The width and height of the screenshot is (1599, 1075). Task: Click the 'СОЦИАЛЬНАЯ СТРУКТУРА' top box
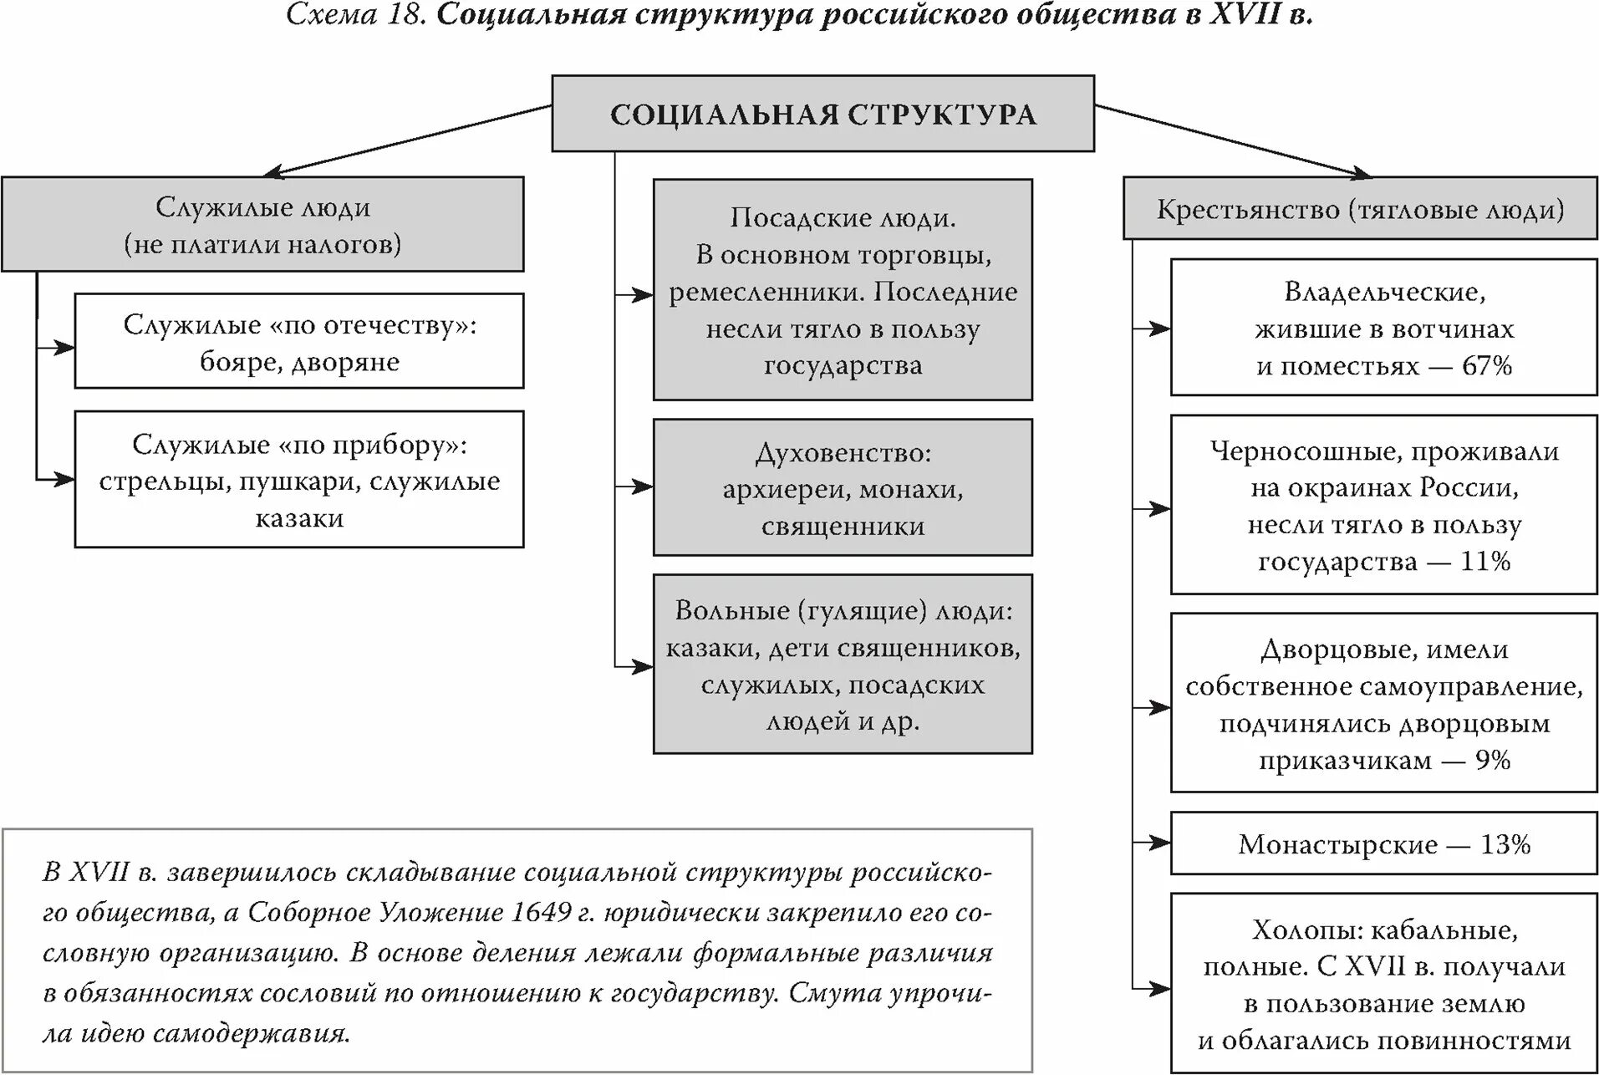[822, 114]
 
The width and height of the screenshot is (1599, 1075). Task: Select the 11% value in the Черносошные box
[1485, 561]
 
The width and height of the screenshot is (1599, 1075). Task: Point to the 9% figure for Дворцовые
[1493, 760]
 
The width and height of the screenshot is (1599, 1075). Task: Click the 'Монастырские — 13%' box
[1383, 844]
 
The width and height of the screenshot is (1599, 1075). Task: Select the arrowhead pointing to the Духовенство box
[644, 486]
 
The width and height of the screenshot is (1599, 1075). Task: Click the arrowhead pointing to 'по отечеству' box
[65, 347]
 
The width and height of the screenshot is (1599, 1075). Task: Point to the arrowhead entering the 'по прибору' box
[65, 479]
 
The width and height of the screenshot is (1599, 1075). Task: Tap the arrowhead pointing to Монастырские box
[1161, 842]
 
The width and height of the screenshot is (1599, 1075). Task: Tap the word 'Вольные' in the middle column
[732, 610]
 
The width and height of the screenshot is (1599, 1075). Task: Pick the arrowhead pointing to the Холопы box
[1161, 989]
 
